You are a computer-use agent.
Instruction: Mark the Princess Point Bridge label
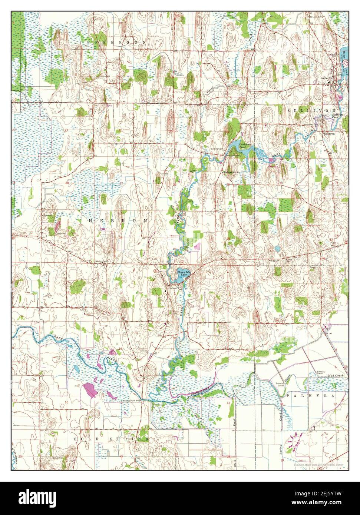(x=132, y=401)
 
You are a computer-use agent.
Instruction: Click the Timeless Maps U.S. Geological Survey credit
(x=318, y=465)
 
